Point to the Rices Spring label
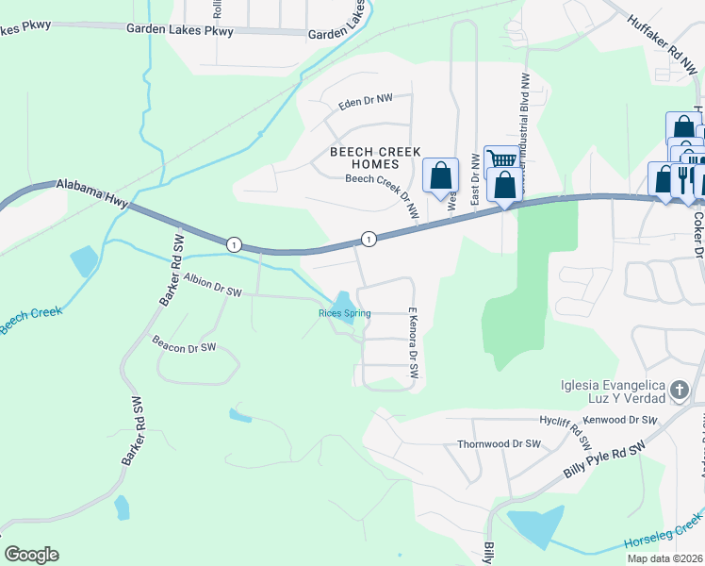[344, 313]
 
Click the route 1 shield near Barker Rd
[232, 244]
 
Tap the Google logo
[31, 554]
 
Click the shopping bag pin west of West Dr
[440, 175]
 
